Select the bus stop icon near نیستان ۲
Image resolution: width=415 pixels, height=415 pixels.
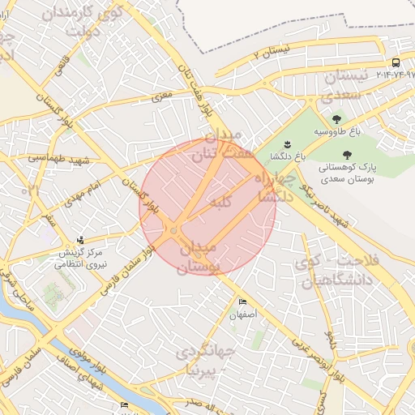(396, 62)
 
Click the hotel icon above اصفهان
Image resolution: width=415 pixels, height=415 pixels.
(242, 302)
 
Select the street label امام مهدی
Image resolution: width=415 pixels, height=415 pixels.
(95, 195)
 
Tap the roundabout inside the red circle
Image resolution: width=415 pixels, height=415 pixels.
(174, 233)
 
